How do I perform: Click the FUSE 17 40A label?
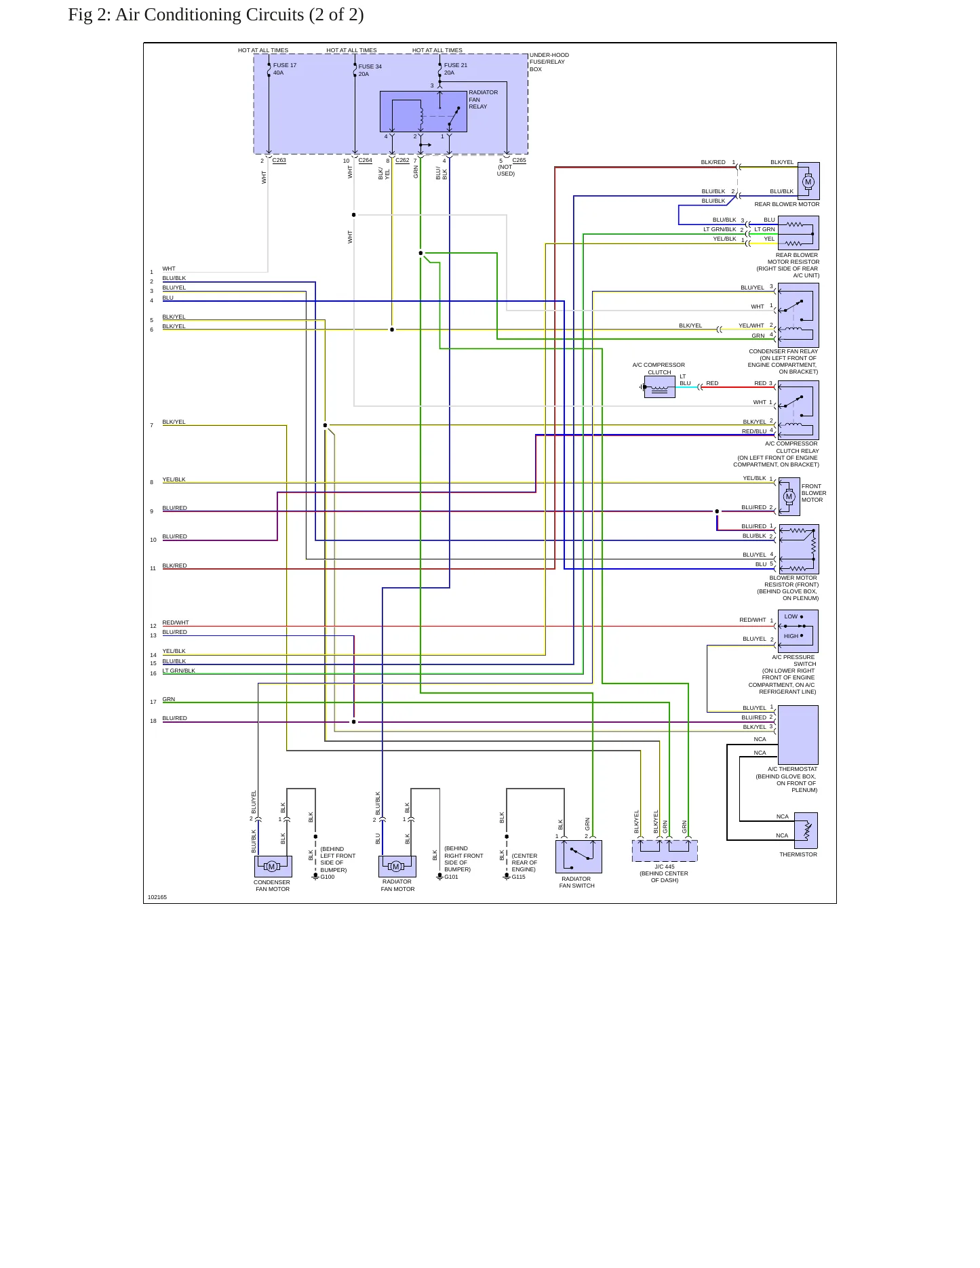click(285, 69)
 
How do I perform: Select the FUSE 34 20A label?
click(370, 71)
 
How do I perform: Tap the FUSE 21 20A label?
click(456, 69)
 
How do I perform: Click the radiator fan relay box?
click(423, 112)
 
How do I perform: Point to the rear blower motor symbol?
click(808, 181)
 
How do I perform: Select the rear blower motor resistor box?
click(798, 233)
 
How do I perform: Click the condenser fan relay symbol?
click(798, 315)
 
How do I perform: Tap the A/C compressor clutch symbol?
click(659, 387)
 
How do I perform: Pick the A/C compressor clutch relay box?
click(798, 410)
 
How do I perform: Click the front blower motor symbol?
click(789, 496)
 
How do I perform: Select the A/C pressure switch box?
click(798, 631)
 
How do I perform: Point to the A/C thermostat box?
click(798, 735)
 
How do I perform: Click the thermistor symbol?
click(806, 831)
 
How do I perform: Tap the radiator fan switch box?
click(579, 857)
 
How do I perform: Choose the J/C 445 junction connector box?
click(665, 851)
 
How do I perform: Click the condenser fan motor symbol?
click(273, 867)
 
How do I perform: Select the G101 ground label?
click(452, 877)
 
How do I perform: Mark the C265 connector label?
click(519, 161)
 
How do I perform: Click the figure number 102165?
click(157, 897)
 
